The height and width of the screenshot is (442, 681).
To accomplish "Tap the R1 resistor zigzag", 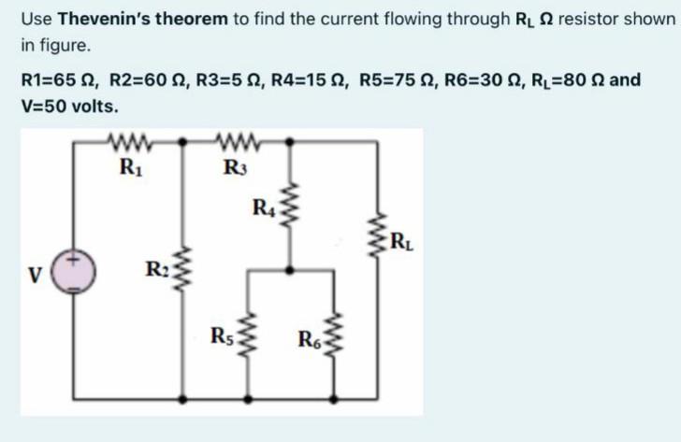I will (x=126, y=143).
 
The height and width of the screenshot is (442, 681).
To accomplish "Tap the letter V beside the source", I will (x=35, y=277).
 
